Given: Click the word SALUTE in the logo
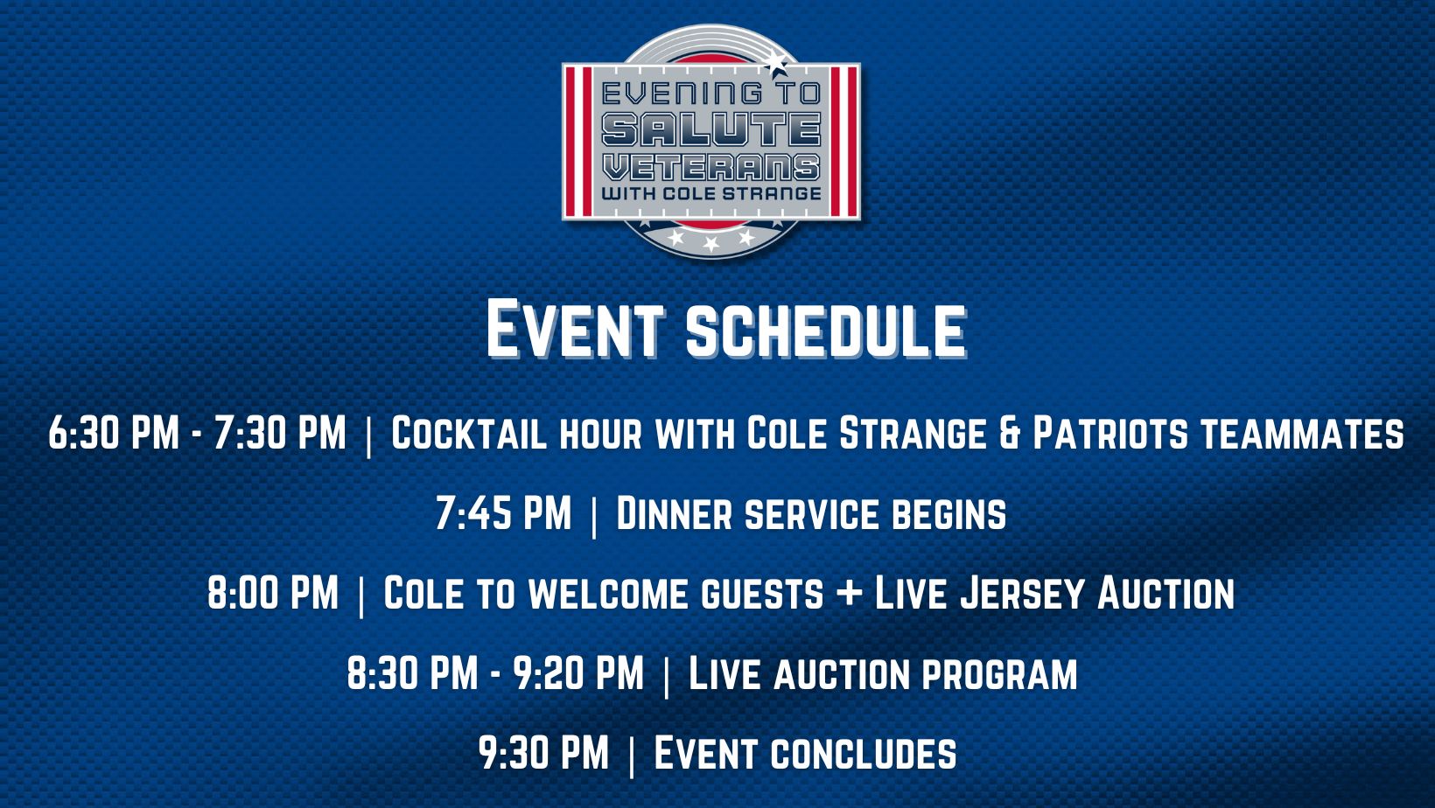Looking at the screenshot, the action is [x=711, y=129].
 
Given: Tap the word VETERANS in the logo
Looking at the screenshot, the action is [x=711, y=168].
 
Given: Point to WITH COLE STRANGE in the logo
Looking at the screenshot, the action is [x=711, y=193].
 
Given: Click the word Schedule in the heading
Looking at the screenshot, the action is [x=826, y=331].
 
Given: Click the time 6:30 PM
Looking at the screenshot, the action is [x=114, y=433].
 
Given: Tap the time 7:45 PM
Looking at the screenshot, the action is [x=503, y=512].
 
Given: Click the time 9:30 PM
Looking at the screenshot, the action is [x=543, y=753].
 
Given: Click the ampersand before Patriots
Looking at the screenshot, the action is [x=1009, y=433].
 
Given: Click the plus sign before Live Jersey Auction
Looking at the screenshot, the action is [x=850, y=594].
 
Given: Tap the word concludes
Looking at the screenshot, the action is [x=864, y=754].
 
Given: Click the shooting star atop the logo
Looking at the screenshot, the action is [x=775, y=62].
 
